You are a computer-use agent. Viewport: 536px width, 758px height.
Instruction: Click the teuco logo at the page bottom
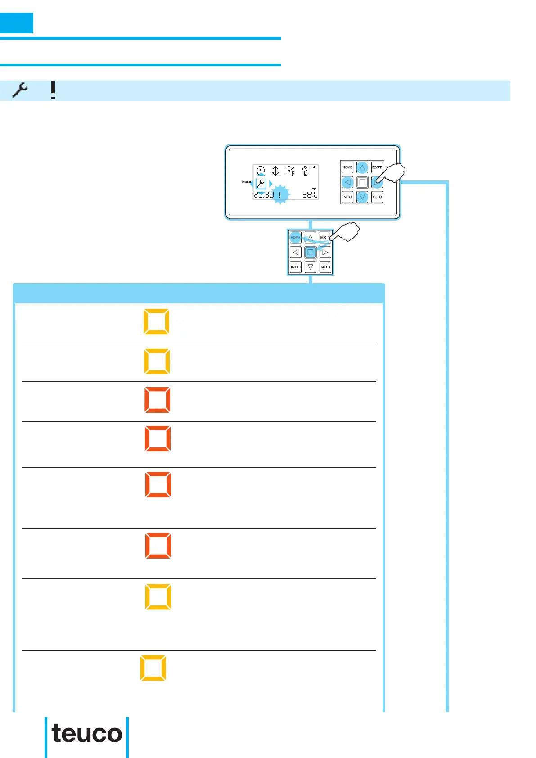[x=87, y=734]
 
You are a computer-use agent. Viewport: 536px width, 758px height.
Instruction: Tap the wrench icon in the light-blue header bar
[x=20, y=90]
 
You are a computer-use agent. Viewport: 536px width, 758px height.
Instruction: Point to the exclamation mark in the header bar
[x=53, y=90]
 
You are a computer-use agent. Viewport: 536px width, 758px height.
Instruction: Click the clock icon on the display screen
[x=261, y=171]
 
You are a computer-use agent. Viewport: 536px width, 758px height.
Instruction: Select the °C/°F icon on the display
[x=290, y=171]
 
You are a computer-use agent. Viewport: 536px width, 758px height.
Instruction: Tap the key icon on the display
[x=305, y=171]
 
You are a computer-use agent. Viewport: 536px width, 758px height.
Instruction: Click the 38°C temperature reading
[x=310, y=195]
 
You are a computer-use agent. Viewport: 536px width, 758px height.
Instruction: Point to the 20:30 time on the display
[x=264, y=195]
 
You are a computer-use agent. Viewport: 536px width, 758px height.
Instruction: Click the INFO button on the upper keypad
[x=347, y=197]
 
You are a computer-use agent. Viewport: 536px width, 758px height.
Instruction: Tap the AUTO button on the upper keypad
[x=377, y=197]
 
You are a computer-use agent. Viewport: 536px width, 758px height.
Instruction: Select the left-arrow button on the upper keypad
[x=347, y=182]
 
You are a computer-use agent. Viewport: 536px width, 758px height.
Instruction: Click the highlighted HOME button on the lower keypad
[x=296, y=237]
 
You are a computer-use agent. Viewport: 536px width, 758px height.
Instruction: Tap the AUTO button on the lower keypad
[x=325, y=267]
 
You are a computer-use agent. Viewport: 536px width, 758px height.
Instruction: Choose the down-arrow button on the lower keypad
[x=311, y=267]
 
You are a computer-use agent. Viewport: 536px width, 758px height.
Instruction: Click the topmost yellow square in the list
[x=157, y=322]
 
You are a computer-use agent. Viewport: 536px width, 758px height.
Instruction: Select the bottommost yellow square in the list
[x=153, y=668]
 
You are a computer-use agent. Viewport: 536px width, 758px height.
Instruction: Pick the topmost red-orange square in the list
[x=158, y=400]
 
